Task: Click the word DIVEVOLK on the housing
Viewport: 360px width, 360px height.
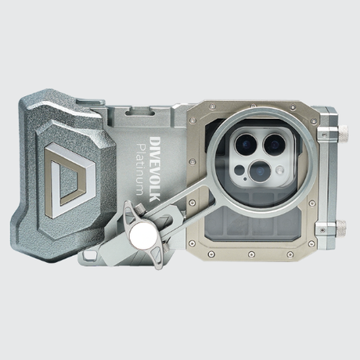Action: [156, 169]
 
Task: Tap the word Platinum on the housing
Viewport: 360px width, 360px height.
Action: [142, 169]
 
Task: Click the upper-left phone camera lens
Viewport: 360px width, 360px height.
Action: [246, 144]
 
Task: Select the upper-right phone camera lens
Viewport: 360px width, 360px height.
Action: [275, 144]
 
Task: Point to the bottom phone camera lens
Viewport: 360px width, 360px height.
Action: [260, 171]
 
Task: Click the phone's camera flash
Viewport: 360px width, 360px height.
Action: [280, 171]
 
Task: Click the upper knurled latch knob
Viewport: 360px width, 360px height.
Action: [343, 131]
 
